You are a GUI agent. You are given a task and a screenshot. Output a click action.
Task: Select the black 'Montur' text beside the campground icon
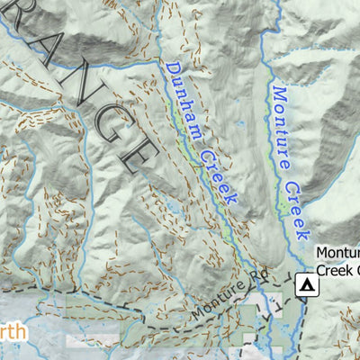pyautogui.click(x=337, y=254)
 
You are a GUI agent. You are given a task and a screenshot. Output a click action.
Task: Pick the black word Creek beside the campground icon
pyautogui.click(x=337, y=270)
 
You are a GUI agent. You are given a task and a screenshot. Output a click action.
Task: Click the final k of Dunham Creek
pyautogui.click(x=234, y=199)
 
